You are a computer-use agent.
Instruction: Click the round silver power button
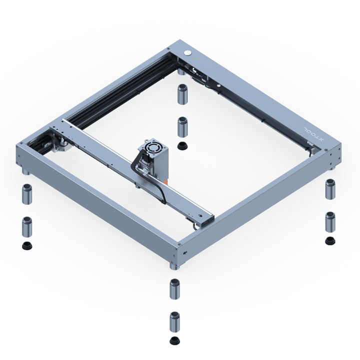coord(188,52)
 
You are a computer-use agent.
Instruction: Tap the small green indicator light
coord(196,58)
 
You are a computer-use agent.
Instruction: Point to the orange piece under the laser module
coord(166,182)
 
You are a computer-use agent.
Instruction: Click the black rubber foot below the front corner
coord(174,340)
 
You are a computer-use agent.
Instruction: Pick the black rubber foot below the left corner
coord(27,245)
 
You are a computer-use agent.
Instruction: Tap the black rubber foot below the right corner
coord(330,241)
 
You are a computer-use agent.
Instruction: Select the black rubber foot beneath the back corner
coord(182,145)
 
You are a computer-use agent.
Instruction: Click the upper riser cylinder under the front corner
coord(174,289)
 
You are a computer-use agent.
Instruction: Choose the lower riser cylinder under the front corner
coord(174,321)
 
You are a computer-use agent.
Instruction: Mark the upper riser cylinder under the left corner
coord(27,194)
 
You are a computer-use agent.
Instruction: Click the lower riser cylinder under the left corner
coord(27,227)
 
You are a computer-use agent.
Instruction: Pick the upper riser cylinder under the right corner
coord(330,189)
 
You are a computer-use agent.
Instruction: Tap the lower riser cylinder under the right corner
coord(330,222)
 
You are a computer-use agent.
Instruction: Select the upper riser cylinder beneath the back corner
coord(182,94)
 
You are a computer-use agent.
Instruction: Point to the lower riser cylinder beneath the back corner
coord(182,127)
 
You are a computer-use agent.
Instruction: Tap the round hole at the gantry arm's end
coord(200,215)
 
